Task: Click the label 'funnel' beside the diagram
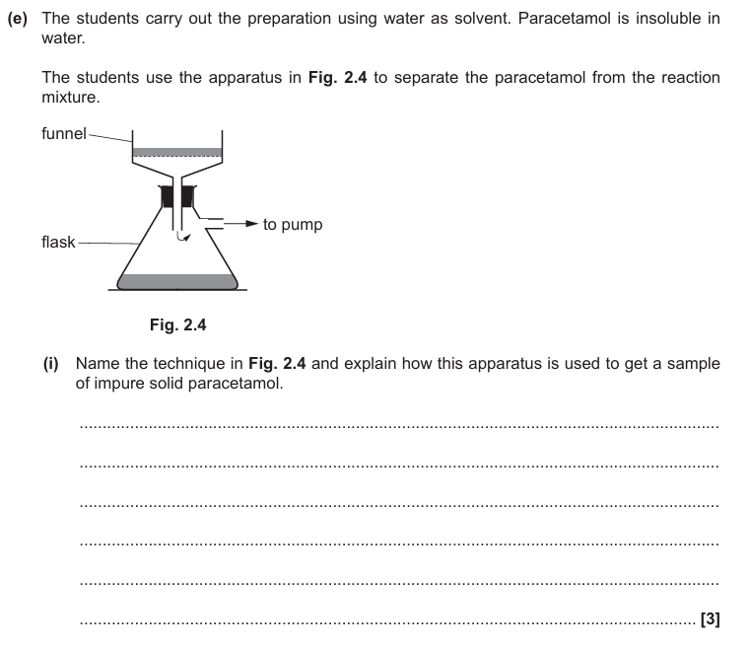[x=64, y=134]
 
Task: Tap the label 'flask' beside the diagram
[x=58, y=242]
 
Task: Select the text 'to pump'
[x=293, y=225]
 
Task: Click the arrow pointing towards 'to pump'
[x=241, y=225]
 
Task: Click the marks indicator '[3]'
[x=710, y=619]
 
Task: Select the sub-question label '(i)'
[x=52, y=363]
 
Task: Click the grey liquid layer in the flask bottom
[x=178, y=281]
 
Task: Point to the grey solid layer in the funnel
[x=176, y=152]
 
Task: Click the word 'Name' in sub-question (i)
[x=98, y=363]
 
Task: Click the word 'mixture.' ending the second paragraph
[x=71, y=97]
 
